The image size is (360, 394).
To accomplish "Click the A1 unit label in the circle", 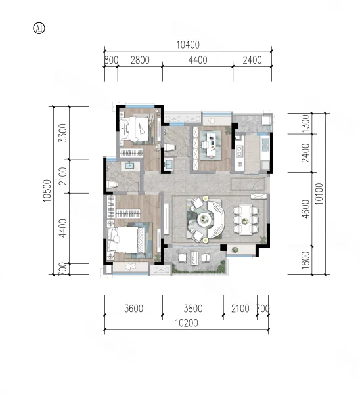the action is point(39,28).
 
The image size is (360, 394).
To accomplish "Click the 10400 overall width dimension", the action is point(188,45).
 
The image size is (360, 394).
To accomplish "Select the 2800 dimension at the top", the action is point(140,60).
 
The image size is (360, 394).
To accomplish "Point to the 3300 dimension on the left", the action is point(62,133).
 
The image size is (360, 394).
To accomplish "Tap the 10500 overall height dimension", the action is point(47,190).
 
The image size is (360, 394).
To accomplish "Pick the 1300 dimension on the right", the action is point(305,123).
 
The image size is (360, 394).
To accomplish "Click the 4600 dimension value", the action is point(305,209).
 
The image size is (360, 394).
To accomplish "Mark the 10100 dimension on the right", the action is point(319,194).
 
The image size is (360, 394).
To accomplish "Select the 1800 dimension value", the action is point(305,260).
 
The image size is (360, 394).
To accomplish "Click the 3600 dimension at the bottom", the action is point(134,309).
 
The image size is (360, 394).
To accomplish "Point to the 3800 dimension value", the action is point(193,309).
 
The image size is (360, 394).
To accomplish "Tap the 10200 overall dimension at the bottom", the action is point(187,323).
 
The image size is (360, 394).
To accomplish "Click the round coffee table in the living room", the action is point(204,219).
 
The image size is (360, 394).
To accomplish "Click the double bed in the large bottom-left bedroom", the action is point(126,240).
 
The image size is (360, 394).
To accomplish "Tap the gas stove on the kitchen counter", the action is point(239,151).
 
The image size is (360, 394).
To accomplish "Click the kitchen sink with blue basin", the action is point(265,145).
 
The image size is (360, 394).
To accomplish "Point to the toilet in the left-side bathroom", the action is point(112,184).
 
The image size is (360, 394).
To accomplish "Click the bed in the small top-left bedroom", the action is point(138,129).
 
